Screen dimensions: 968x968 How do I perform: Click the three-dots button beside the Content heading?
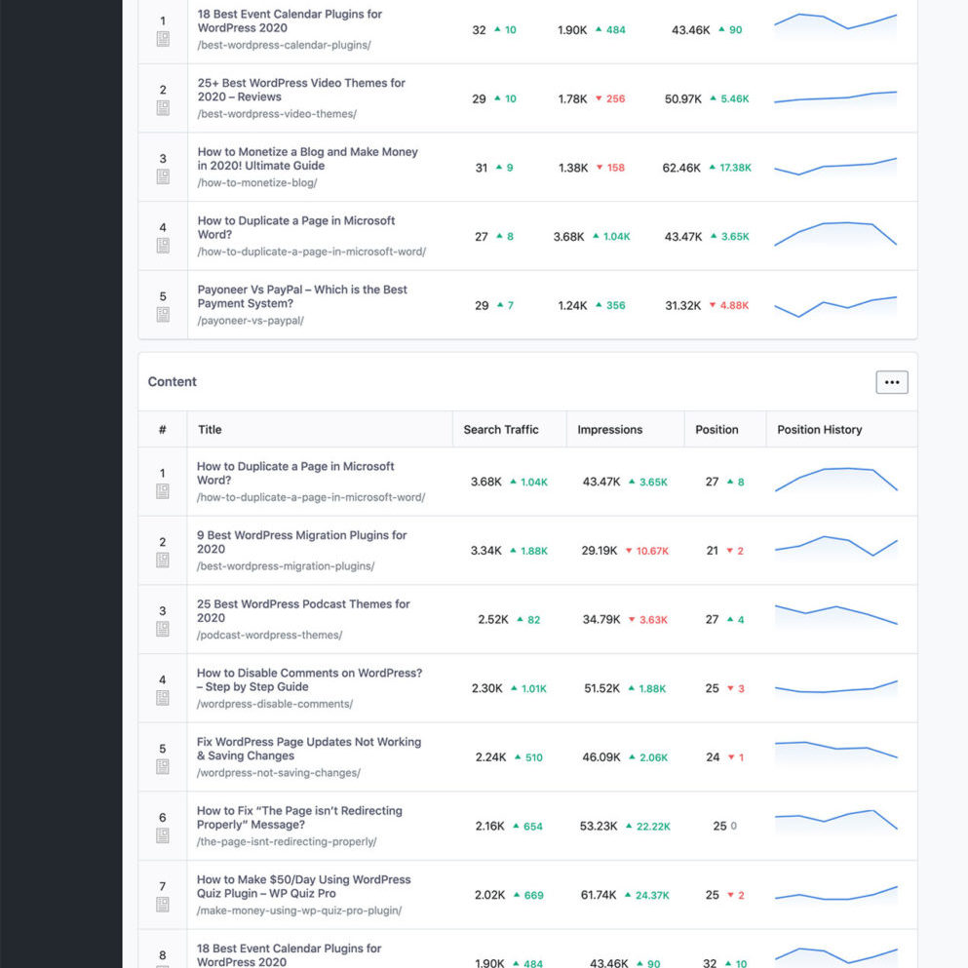891,382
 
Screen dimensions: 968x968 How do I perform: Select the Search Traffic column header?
501,429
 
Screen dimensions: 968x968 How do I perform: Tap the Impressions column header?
609,429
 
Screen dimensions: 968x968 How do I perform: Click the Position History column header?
819,429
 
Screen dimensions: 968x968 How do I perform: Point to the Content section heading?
173,382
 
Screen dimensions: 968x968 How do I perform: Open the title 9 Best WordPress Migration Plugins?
301,542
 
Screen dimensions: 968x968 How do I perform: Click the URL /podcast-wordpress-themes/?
269,636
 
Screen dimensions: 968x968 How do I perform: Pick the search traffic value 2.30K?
487,688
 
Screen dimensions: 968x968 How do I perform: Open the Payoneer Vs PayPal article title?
302,296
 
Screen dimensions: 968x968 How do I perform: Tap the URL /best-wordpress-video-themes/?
277,114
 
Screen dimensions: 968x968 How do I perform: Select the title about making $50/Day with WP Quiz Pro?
303,886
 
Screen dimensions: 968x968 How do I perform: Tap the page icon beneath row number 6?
163,835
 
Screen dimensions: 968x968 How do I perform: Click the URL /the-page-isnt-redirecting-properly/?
287,842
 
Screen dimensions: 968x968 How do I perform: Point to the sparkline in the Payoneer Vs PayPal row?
835,306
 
